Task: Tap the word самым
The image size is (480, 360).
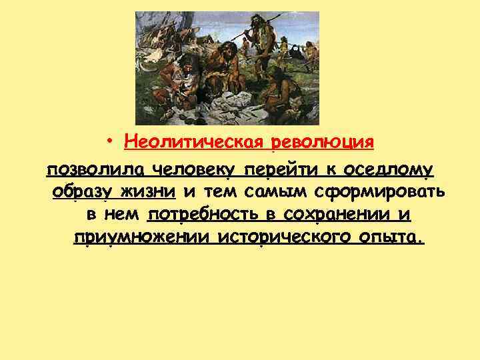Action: tap(271, 193)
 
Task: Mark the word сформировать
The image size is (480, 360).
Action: tap(375, 193)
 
